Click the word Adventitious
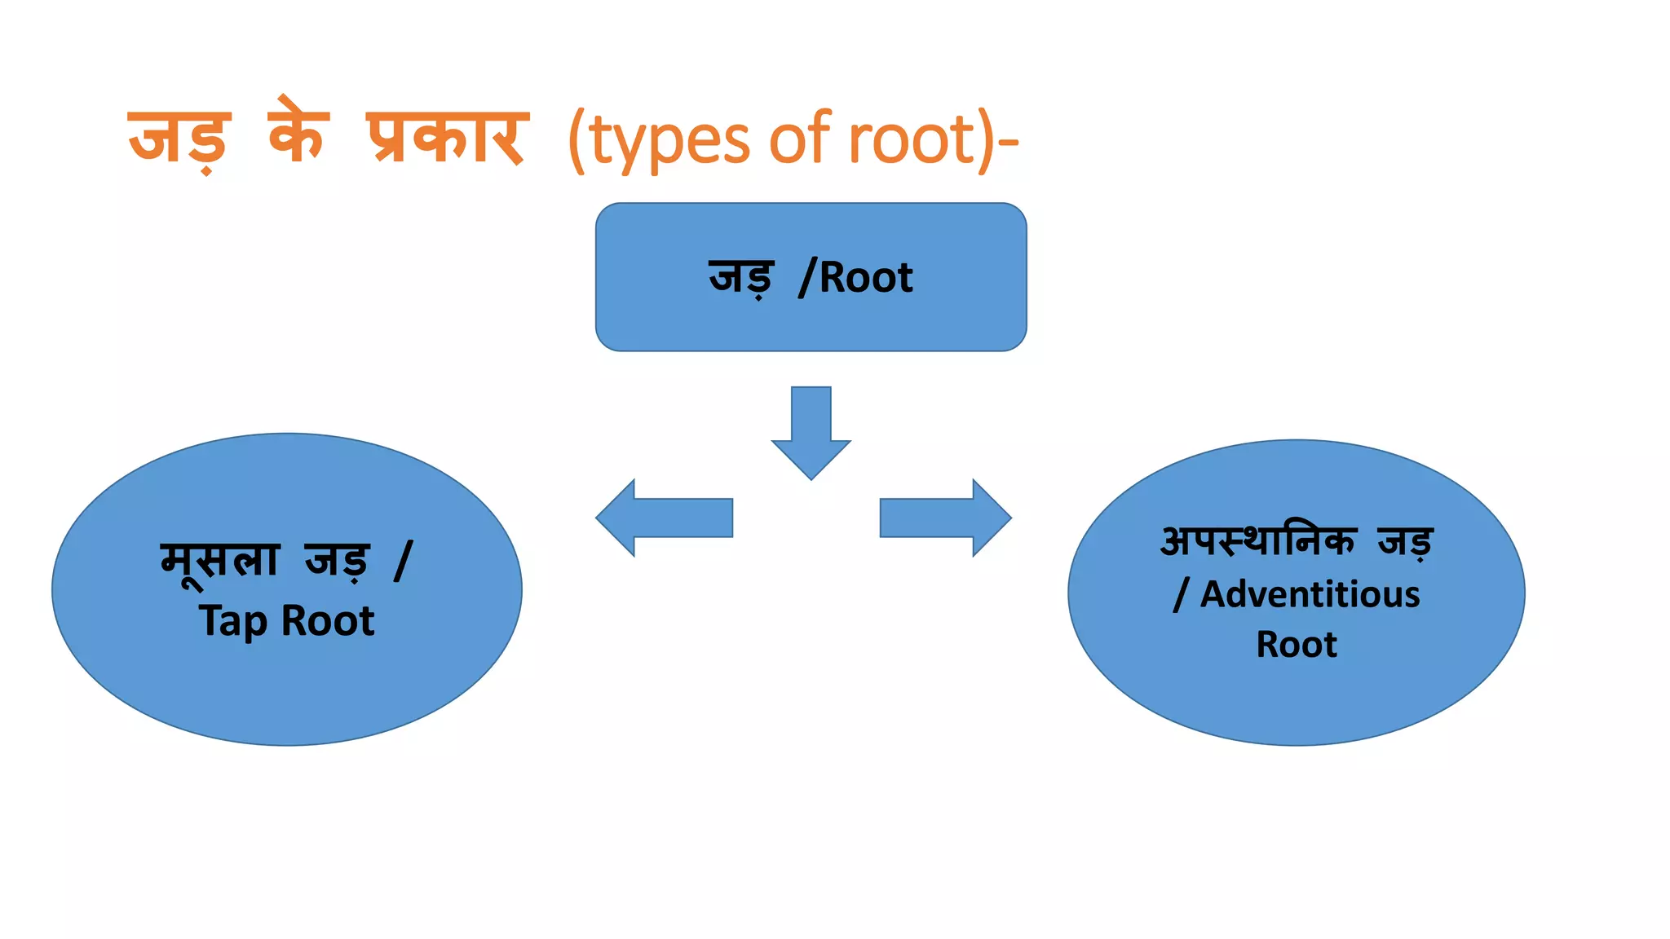click(x=1310, y=594)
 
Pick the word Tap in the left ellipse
click(x=232, y=622)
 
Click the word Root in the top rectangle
click(x=866, y=278)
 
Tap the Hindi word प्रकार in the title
click(x=447, y=137)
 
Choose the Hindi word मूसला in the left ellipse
click(x=220, y=561)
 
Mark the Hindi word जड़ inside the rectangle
click(x=740, y=277)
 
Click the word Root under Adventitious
click(x=1297, y=645)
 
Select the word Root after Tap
click(x=328, y=621)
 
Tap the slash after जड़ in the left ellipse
click(x=403, y=561)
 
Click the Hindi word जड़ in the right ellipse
click(x=1405, y=541)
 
